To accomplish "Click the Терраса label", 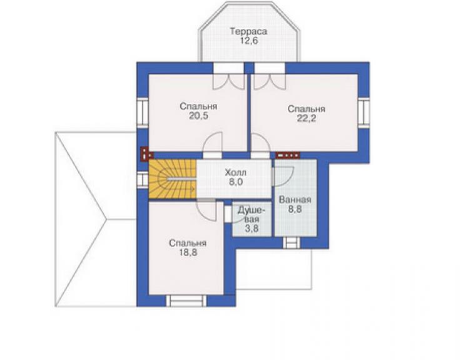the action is [248, 31].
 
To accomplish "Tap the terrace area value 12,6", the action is [249, 41].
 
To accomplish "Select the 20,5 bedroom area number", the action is [198, 116].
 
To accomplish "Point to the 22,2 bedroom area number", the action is [307, 118].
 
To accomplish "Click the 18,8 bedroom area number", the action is [188, 253].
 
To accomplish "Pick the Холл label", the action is [235, 172].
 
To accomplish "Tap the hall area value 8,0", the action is [236, 182].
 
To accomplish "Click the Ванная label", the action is [295, 200].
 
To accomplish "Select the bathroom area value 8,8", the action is [295, 209].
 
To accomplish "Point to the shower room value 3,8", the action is [252, 228].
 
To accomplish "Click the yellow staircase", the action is [173, 179].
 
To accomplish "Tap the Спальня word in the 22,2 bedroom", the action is [307, 109].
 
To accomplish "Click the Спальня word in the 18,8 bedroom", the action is [188, 243].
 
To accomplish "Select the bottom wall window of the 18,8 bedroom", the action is [186, 301].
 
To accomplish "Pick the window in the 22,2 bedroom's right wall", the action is [364, 111].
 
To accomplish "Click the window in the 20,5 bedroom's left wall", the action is [142, 112].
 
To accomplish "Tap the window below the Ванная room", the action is [292, 243].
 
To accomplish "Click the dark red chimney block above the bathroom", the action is [288, 155].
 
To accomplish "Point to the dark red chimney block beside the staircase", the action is [146, 154].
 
